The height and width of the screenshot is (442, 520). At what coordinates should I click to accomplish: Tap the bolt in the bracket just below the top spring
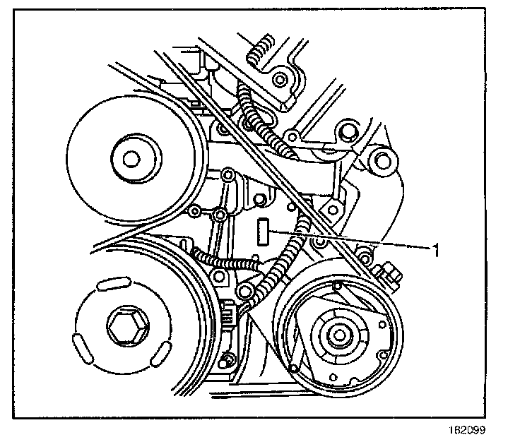pyautogui.click(x=281, y=79)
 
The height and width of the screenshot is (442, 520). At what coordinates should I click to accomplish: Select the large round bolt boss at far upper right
pyautogui.click(x=382, y=160)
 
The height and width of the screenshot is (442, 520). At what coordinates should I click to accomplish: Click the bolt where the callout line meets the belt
pyautogui.click(x=320, y=244)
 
